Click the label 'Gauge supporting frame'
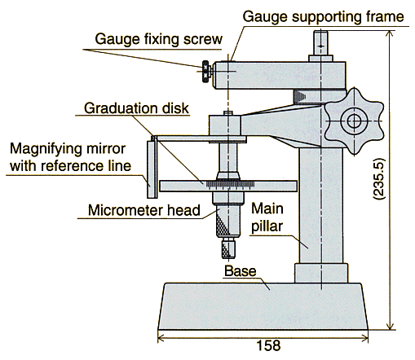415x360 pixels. tap(323, 17)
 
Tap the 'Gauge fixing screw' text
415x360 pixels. tap(159, 39)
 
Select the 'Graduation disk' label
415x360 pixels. tap(136, 108)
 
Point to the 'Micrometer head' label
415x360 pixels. tap(144, 210)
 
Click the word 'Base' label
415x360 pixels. tap(241, 271)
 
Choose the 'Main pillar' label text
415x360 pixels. tap(267, 217)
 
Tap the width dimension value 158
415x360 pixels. tap(268, 345)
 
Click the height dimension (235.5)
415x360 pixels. tap(379, 179)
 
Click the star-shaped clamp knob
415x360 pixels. tap(354, 121)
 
